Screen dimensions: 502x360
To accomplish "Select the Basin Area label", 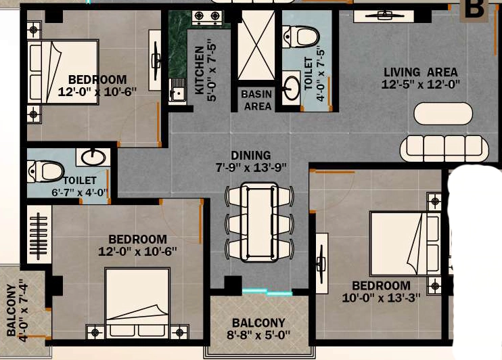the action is point(257,100).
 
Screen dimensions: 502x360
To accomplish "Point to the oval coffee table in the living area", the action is point(443,114).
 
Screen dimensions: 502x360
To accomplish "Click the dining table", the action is point(260,222).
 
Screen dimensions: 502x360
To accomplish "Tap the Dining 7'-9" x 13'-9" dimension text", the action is point(251,162).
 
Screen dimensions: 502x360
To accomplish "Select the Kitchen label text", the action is point(200,70).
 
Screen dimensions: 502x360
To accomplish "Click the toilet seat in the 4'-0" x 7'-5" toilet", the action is point(300,37).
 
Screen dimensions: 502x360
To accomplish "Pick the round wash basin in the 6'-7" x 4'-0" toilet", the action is point(93,157).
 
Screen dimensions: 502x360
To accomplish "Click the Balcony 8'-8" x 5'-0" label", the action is point(258,329).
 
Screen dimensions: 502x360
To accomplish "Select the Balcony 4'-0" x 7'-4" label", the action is point(18,311).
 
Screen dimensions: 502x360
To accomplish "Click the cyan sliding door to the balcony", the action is point(267,292).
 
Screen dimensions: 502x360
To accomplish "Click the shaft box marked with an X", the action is point(256,45).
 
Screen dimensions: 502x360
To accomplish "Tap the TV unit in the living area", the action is point(384,16).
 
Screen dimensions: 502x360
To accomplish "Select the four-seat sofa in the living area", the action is point(444,149).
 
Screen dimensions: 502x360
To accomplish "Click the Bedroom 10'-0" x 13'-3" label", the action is point(381,292).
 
